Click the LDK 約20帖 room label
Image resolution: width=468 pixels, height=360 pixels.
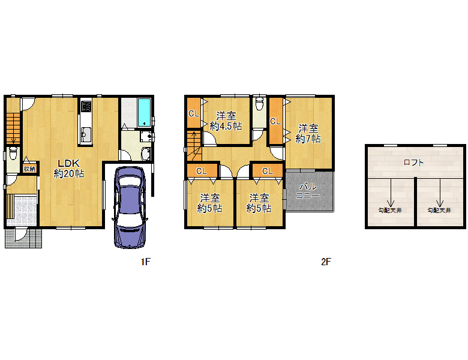[69, 169]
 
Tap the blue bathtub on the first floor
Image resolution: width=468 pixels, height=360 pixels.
[145, 112]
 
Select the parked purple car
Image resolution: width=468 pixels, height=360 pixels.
[130, 207]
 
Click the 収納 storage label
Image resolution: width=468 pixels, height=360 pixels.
[29, 169]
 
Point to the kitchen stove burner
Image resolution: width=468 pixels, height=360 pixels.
[86, 106]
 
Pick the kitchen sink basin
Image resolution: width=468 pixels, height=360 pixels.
[86, 135]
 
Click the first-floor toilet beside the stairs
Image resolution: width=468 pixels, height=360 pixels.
[13, 154]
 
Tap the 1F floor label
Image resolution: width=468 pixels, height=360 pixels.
[146, 262]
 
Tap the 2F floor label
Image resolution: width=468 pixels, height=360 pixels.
[326, 262]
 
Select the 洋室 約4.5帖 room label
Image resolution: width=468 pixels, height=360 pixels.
[226, 121]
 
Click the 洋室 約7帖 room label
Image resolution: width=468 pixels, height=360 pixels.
[308, 134]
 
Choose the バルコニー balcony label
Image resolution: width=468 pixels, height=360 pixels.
[308, 191]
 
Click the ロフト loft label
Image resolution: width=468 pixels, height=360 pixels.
[413, 163]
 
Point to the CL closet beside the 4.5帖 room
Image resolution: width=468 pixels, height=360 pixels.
[194, 113]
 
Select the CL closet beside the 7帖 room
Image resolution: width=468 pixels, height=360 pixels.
[275, 121]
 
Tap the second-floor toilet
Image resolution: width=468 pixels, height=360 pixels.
[260, 103]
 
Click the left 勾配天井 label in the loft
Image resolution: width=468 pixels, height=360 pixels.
[390, 211]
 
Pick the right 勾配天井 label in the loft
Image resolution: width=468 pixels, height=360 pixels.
[439, 211]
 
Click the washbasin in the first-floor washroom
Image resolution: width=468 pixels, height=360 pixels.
[146, 154]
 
